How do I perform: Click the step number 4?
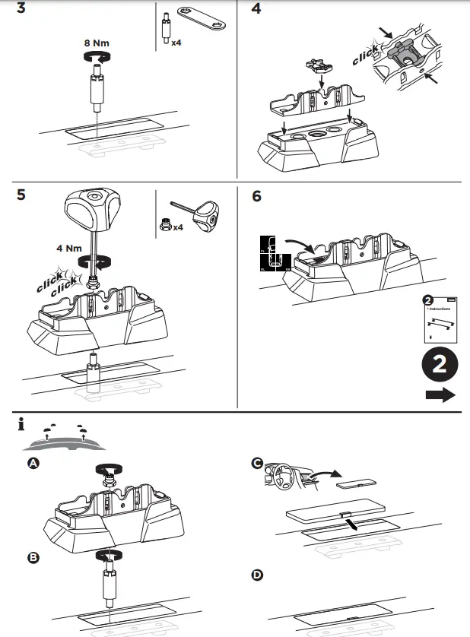point(257,11)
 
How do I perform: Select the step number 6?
point(257,196)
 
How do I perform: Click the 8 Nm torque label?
point(97,43)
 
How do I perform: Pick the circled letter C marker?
point(258,464)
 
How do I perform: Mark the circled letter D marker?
point(258,575)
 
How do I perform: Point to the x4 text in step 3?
point(176,43)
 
